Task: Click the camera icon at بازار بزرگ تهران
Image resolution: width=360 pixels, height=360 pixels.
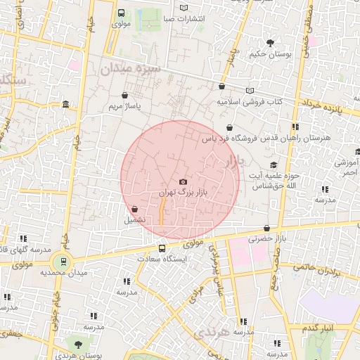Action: pyautogui.click(x=184, y=182)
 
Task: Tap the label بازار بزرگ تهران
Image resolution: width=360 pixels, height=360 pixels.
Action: pyautogui.click(x=176, y=192)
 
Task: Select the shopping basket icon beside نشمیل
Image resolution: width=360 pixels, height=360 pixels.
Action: pyautogui.click(x=134, y=209)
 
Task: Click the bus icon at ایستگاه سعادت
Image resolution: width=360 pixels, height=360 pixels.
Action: pyautogui.click(x=162, y=248)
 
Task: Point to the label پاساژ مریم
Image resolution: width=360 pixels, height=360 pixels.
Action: pyautogui.click(x=124, y=106)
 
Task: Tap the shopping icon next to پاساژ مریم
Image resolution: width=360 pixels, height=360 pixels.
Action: pyautogui.click(x=124, y=95)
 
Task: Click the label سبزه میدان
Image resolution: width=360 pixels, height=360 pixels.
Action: pyautogui.click(x=130, y=69)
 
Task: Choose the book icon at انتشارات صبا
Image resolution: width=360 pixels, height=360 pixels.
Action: pyautogui.click(x=184, y=8)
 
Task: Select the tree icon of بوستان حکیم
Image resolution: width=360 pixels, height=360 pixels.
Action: pyautogui.click(x=271, y=43)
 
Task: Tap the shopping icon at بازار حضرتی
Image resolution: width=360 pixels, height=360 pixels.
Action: pyautogui.click(x=267, y=229)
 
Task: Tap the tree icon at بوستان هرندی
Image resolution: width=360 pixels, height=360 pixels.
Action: pyautogui.click(x=78, y=344)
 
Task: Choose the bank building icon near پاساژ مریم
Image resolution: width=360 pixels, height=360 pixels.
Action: pyautogui.click(x=65, y=105)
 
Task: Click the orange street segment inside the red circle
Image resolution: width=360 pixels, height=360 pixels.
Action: pyautogui.click(x=162, y=210)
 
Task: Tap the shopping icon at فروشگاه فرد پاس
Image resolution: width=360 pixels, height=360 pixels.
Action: pyautogui.click(x=230, y=127)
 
